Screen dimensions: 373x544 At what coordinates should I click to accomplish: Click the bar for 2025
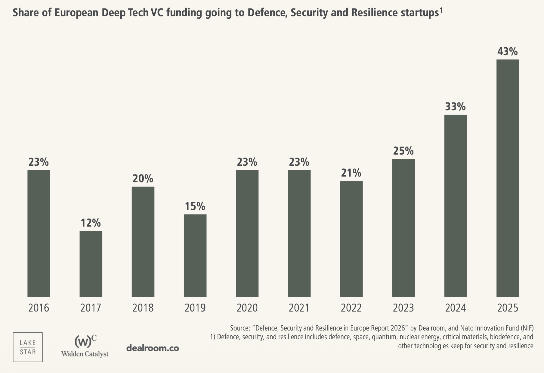pyautogui.click(x=508, y=178)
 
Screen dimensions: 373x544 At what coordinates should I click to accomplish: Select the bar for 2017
pyautogui.click(x=91, y=264)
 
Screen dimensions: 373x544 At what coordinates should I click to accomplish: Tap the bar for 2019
pyautogui.click(x=195, y=255)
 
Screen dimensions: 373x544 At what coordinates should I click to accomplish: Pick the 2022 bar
pyautogui.click(x=351, y=239)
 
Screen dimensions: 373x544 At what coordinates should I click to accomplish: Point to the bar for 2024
pyautogui.click(x=456, y=205)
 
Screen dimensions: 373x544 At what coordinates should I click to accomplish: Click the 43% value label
pyautogui.click(x=508, y=52)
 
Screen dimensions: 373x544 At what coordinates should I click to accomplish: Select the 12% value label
pyautogui.click(x=91, y=223)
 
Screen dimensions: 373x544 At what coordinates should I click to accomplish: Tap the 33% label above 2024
pyautogui.click(x=456, y=107)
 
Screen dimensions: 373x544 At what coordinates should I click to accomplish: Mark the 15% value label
pyautogui.click(x=195, y=206)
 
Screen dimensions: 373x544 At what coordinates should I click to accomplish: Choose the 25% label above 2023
pyautogui.click(x=403, y=151)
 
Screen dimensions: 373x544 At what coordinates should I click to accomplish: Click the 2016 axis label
pyautogui.click(x=39, y=308)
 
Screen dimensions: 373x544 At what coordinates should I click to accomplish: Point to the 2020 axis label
pyautogui.click(x=247, y=308)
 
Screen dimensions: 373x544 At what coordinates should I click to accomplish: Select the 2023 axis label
pyautogui.click(x=403, y=308)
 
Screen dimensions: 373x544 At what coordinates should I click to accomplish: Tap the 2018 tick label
pyautogui.click(x=143, y=308)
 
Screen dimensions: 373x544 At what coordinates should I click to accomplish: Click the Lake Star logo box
pyautogui.click(x=28, y=347)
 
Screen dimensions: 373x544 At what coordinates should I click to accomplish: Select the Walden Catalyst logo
pyautogui.click(x=85, y=346)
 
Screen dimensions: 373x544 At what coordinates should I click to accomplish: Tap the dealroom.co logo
pyautogui.click(x=153, y=348)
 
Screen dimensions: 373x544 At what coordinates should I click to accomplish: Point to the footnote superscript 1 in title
pyautogui.click(x=441, y=10)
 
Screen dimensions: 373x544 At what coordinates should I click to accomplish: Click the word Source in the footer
pyautogui.click(x=240, y=328)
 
